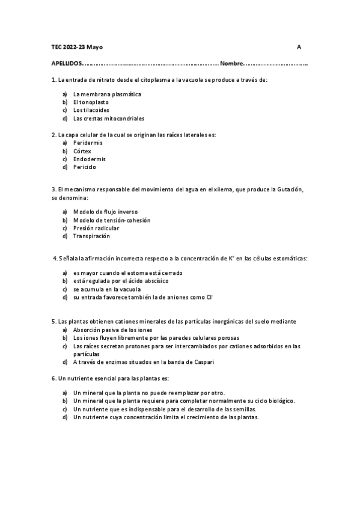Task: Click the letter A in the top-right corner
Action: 299,47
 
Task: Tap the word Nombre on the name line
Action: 231,63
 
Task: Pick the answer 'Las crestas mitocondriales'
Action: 108,118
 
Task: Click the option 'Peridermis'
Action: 88,143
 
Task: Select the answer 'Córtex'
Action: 82,151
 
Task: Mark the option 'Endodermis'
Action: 89,159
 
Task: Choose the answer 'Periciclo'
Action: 85,167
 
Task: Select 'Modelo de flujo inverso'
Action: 105,212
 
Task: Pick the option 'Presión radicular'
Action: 96,228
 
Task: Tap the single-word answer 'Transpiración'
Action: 91,236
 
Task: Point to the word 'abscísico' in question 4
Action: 155,280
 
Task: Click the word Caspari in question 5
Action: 203,362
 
